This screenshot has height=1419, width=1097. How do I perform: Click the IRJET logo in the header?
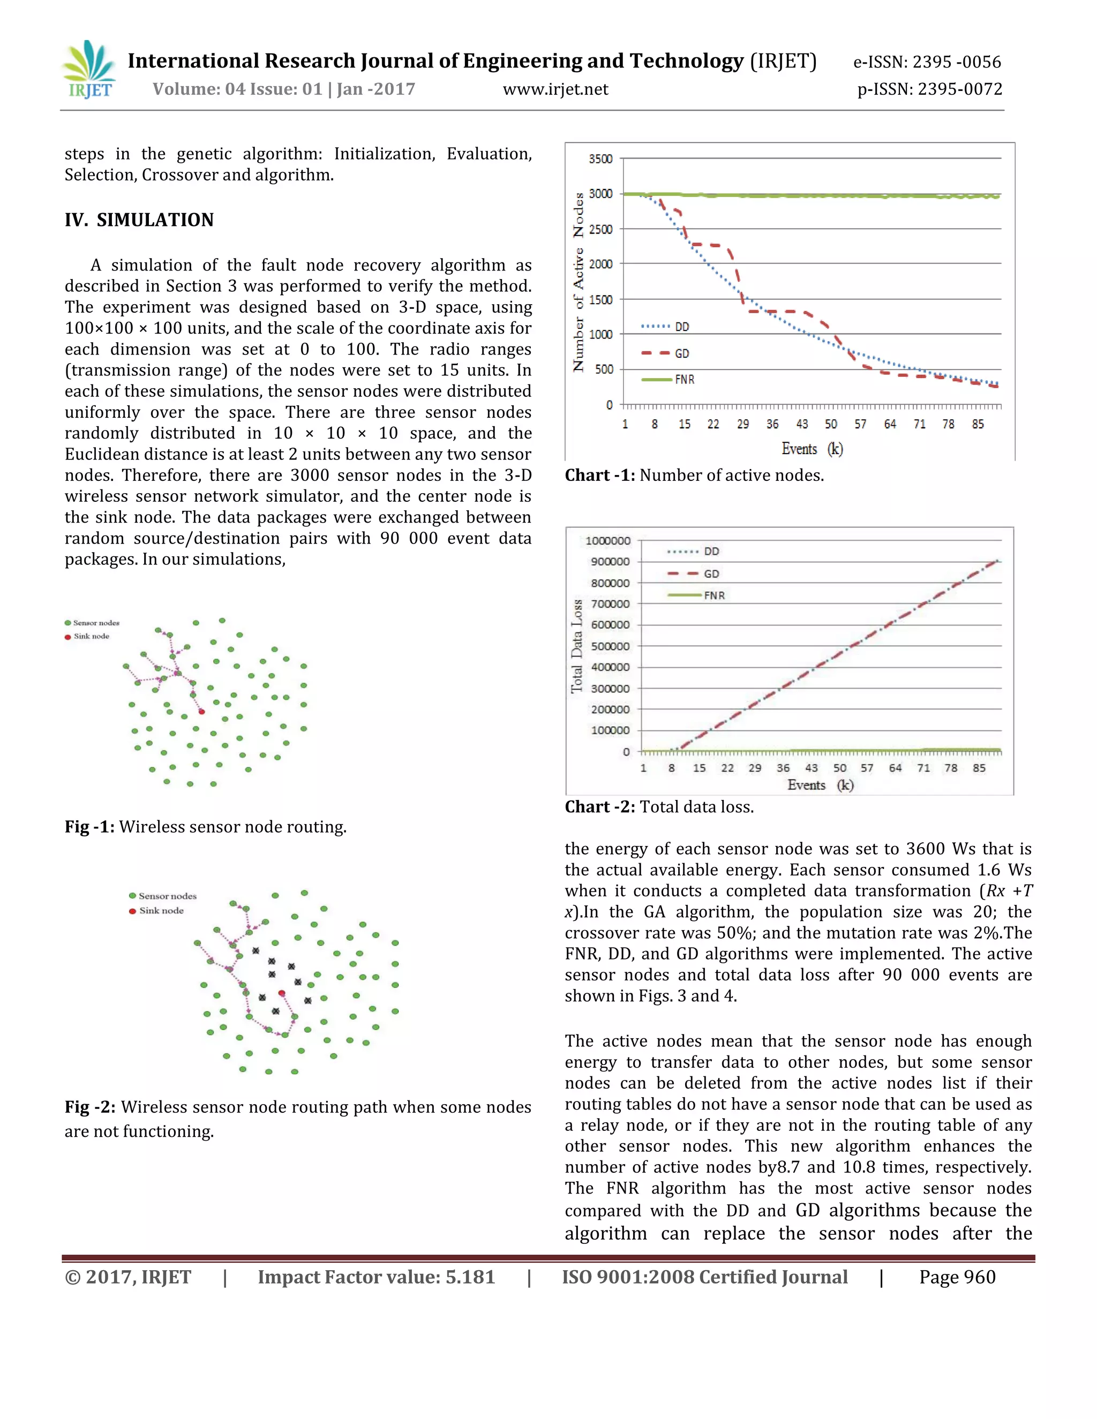click(89, 70)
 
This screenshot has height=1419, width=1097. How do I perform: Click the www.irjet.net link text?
click(555, 89)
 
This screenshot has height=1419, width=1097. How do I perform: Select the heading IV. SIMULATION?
click(139, 220)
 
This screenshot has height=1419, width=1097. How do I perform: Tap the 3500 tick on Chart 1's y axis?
click(600, 159)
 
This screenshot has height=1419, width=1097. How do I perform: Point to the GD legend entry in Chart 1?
click(665, 353)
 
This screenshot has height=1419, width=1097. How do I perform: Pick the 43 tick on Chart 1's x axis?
click(802, 424)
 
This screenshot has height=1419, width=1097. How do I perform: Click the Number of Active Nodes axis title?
click(578, 282)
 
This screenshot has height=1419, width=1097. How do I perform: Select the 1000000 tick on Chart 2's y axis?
click(607, 541)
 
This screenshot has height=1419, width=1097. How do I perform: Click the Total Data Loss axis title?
click(576, 646)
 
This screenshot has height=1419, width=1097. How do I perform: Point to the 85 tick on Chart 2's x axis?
click(979, 768)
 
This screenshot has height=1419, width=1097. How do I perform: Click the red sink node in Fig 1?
click(201, 712)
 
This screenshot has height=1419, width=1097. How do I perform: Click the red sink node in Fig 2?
click(281, 993)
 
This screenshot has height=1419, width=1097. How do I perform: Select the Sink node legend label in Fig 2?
click(161, 911)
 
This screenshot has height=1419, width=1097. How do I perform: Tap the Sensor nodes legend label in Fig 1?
click(95, 622)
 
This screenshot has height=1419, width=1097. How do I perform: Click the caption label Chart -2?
click(599, 807)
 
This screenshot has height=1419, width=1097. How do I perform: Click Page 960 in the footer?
click(957, 1277)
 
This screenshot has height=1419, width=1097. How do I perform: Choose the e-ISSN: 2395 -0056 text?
click(927, 62)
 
